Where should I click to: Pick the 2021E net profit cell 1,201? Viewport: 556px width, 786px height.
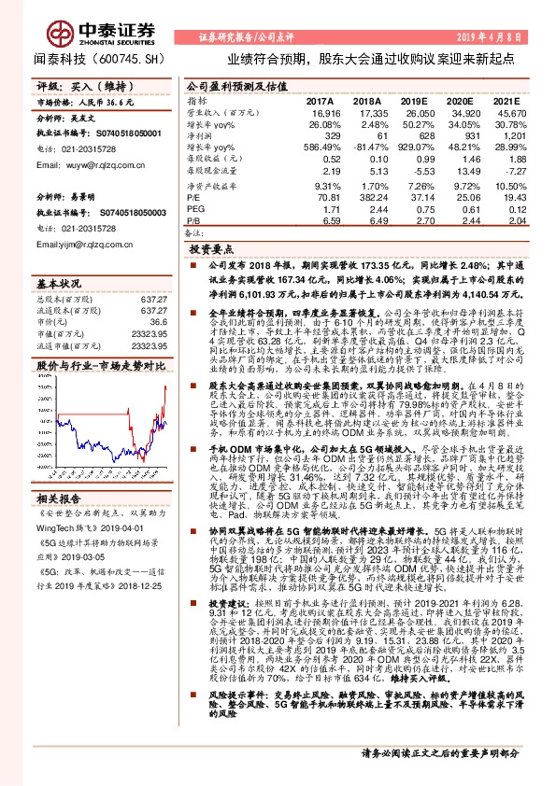pos(506,135)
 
